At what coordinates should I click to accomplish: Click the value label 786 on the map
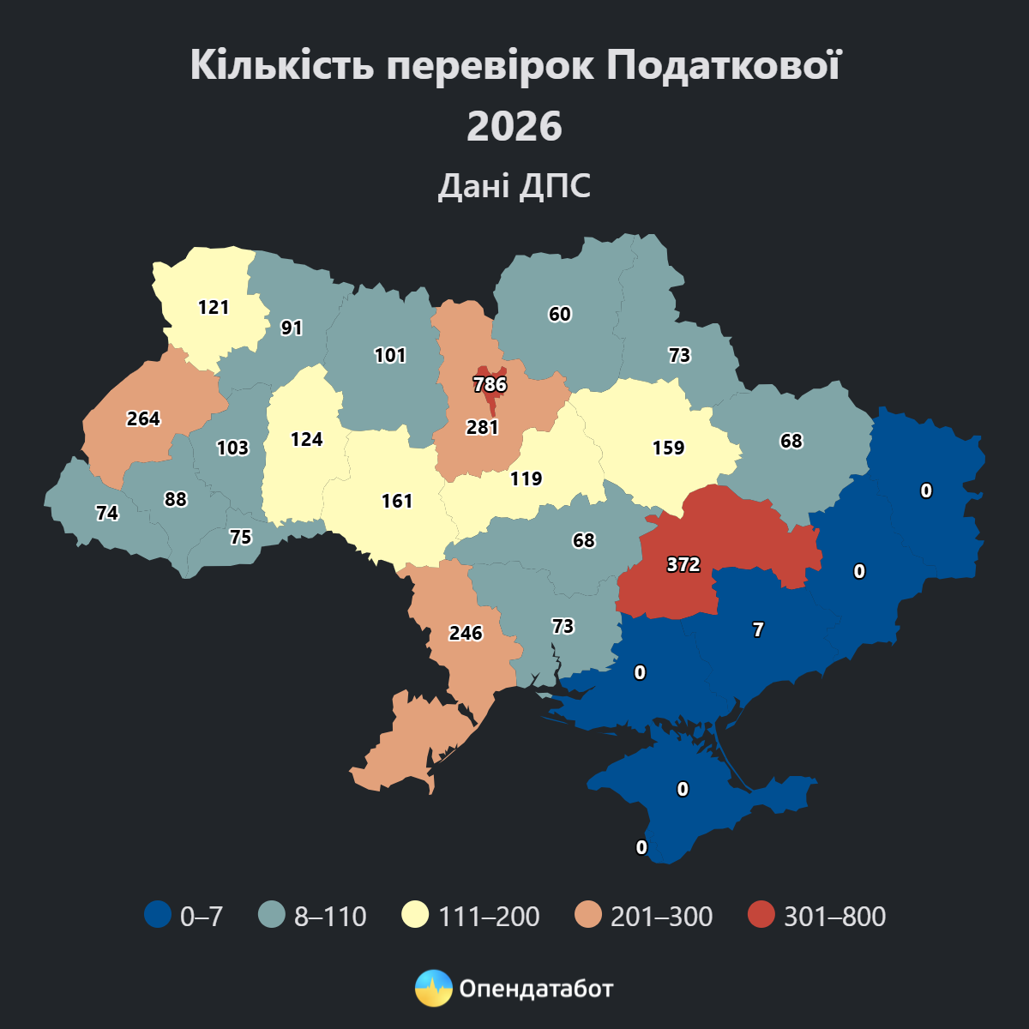490,384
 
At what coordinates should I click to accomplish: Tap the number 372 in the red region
683,564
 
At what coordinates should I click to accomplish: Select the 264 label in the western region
143,418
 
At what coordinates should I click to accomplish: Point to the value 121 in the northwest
214,307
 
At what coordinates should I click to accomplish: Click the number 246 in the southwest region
466,633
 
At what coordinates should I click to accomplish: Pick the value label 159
668,448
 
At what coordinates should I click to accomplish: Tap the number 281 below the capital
482,427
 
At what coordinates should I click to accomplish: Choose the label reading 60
560,314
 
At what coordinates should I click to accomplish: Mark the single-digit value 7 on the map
758,629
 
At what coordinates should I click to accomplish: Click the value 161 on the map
397,501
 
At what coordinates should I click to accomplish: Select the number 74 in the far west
107,513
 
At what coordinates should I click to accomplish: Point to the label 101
390,355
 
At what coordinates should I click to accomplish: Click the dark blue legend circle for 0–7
158,915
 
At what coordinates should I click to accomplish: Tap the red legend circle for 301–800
761,915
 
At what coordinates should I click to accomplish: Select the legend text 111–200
489,917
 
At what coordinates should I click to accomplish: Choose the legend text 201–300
661,917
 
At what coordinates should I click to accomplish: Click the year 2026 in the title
514,127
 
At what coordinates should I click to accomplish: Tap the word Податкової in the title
724,65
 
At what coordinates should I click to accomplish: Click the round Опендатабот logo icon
433,989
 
